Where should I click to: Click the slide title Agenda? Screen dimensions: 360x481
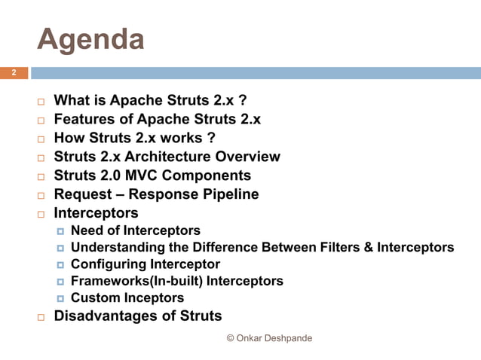pyautogui.click(x=90, y=38)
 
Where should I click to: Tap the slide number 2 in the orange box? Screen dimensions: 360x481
pyautogui.click(x=13, y=73)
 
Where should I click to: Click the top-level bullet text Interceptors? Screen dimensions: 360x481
pyautogui.click(x=96, y=214)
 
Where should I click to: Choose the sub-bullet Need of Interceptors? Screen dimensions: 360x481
pyautogui.click(x=136, y=231)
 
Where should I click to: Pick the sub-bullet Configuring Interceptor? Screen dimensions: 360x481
pyautogui.click(x=146, y=264)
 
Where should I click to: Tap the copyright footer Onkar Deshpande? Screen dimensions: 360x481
pyautogui.click(x=269, y=339)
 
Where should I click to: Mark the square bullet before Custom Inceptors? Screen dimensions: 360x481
pyautogui.click(x=60, y=299)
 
